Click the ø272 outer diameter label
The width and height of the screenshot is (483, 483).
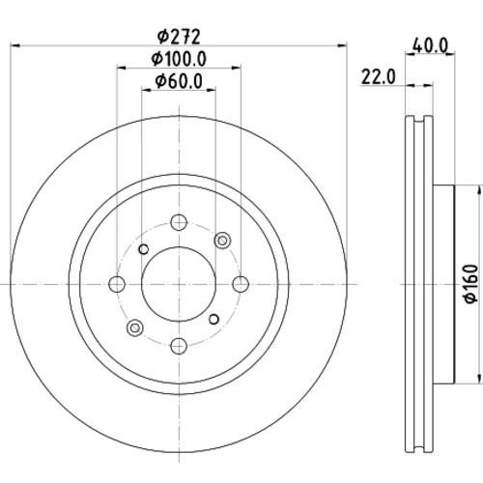[179, 37]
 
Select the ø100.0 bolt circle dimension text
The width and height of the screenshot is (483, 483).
[179, 59]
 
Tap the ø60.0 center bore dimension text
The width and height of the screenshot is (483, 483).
[179, 81]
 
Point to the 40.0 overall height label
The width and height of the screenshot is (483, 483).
[430, 46]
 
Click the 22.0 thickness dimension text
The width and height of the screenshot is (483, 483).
[378, 77]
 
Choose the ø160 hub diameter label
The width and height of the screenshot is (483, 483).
[471, 283]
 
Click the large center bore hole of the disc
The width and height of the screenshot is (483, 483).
[179, 284]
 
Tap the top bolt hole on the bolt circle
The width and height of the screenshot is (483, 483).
[179, 222]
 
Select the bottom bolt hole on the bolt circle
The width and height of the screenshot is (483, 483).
[179, 346]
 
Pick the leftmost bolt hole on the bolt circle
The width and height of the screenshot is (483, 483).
[117, 284]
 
